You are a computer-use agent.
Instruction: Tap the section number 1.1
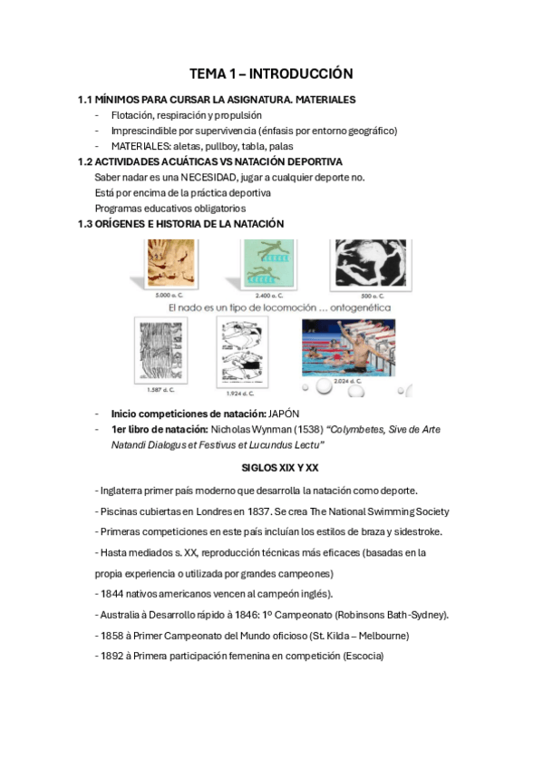tap(86, 100)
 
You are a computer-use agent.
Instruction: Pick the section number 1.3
tap(86, 223)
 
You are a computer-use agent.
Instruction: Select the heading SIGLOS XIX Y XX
tap(280, 467)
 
